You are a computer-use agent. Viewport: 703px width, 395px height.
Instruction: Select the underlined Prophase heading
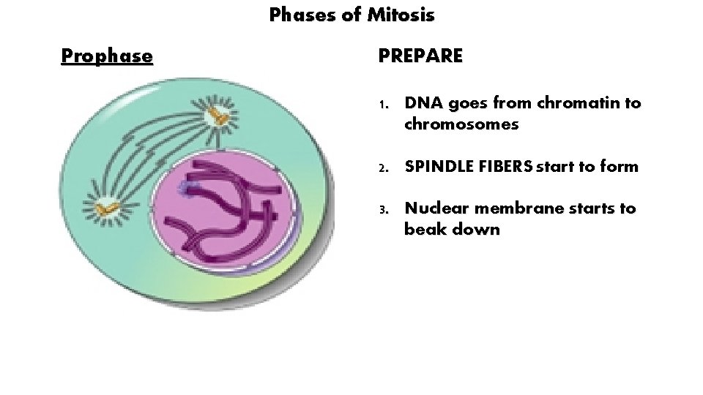[x=107, y=56]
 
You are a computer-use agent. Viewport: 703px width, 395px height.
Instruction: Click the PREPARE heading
[x=420, y=56]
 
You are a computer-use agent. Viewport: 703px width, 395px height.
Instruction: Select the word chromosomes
[x=461, y=124]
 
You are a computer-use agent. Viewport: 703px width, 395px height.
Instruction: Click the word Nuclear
[x=433, y=208]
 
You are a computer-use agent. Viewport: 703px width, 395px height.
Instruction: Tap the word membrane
[x=510, y=208]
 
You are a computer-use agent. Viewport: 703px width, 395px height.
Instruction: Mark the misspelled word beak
[x=423, y=230]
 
